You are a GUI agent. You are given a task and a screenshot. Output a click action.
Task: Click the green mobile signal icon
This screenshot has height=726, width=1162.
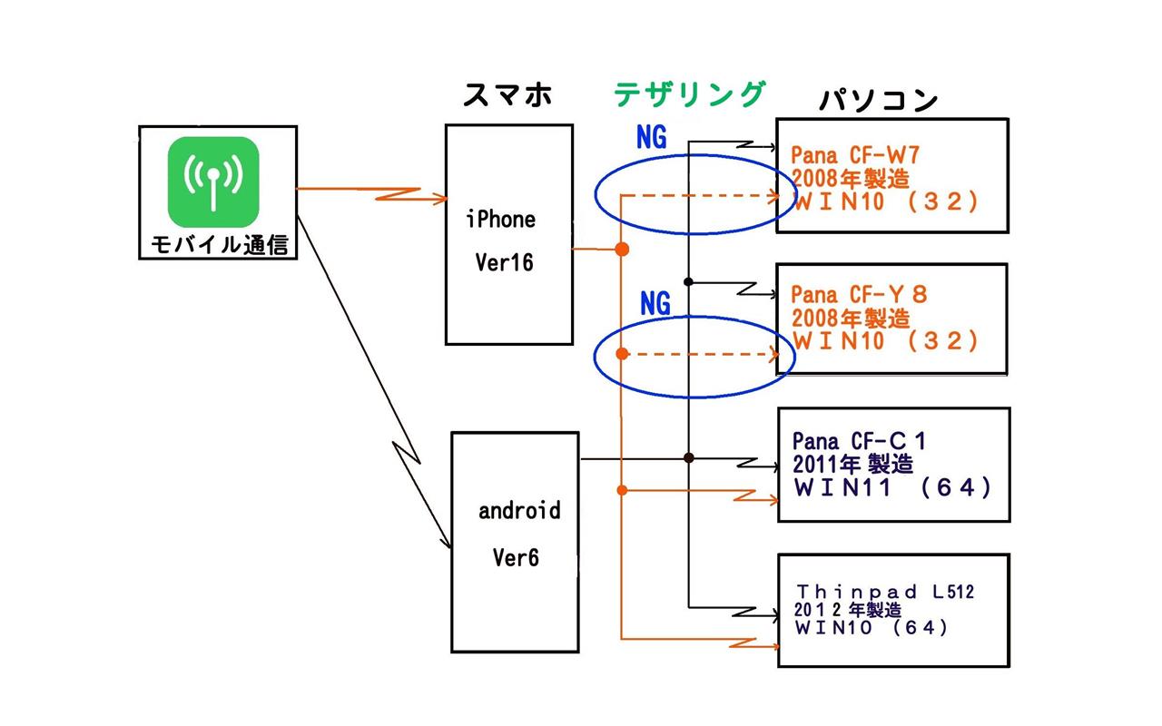(x=213, y=181)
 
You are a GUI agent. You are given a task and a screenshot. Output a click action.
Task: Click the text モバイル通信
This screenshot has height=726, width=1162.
(x=220, y=245)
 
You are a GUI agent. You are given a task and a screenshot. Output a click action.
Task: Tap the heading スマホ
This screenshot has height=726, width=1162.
(x=507, y=95)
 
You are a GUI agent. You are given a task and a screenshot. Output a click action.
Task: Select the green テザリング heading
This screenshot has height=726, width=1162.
(x=689, y=94)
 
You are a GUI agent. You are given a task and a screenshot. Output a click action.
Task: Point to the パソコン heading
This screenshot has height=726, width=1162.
(x=878, y=100)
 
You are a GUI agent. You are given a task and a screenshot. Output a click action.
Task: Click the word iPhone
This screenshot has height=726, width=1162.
(x=500, y=220)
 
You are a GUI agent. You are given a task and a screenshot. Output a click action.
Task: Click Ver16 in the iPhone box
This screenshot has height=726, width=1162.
(x=504, y=262)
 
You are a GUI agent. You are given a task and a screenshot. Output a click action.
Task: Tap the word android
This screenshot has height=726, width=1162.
(x=519, y=510)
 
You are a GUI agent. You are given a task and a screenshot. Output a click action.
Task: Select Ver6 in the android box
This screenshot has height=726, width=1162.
(x=516, y=558)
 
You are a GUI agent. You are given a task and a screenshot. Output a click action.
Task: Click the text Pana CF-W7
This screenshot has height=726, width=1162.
(x=855, y=155)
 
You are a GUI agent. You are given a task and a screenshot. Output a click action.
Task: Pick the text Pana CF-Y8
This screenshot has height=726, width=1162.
(x=859, y=295)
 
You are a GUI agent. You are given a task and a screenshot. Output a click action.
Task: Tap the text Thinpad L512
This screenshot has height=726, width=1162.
(x=885, y=592)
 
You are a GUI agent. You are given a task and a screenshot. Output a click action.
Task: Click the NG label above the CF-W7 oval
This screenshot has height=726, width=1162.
(x=652, y=137)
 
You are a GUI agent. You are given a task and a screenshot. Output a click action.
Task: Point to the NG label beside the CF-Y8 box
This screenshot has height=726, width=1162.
(x=655, y=303)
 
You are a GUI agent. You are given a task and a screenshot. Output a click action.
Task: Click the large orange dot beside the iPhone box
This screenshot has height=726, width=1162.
(x=622, y=250)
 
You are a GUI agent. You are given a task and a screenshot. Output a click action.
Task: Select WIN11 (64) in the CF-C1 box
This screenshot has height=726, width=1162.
(x=892, y=487)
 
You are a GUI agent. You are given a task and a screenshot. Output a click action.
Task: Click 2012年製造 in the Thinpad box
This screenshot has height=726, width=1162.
(x=848, y=610)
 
